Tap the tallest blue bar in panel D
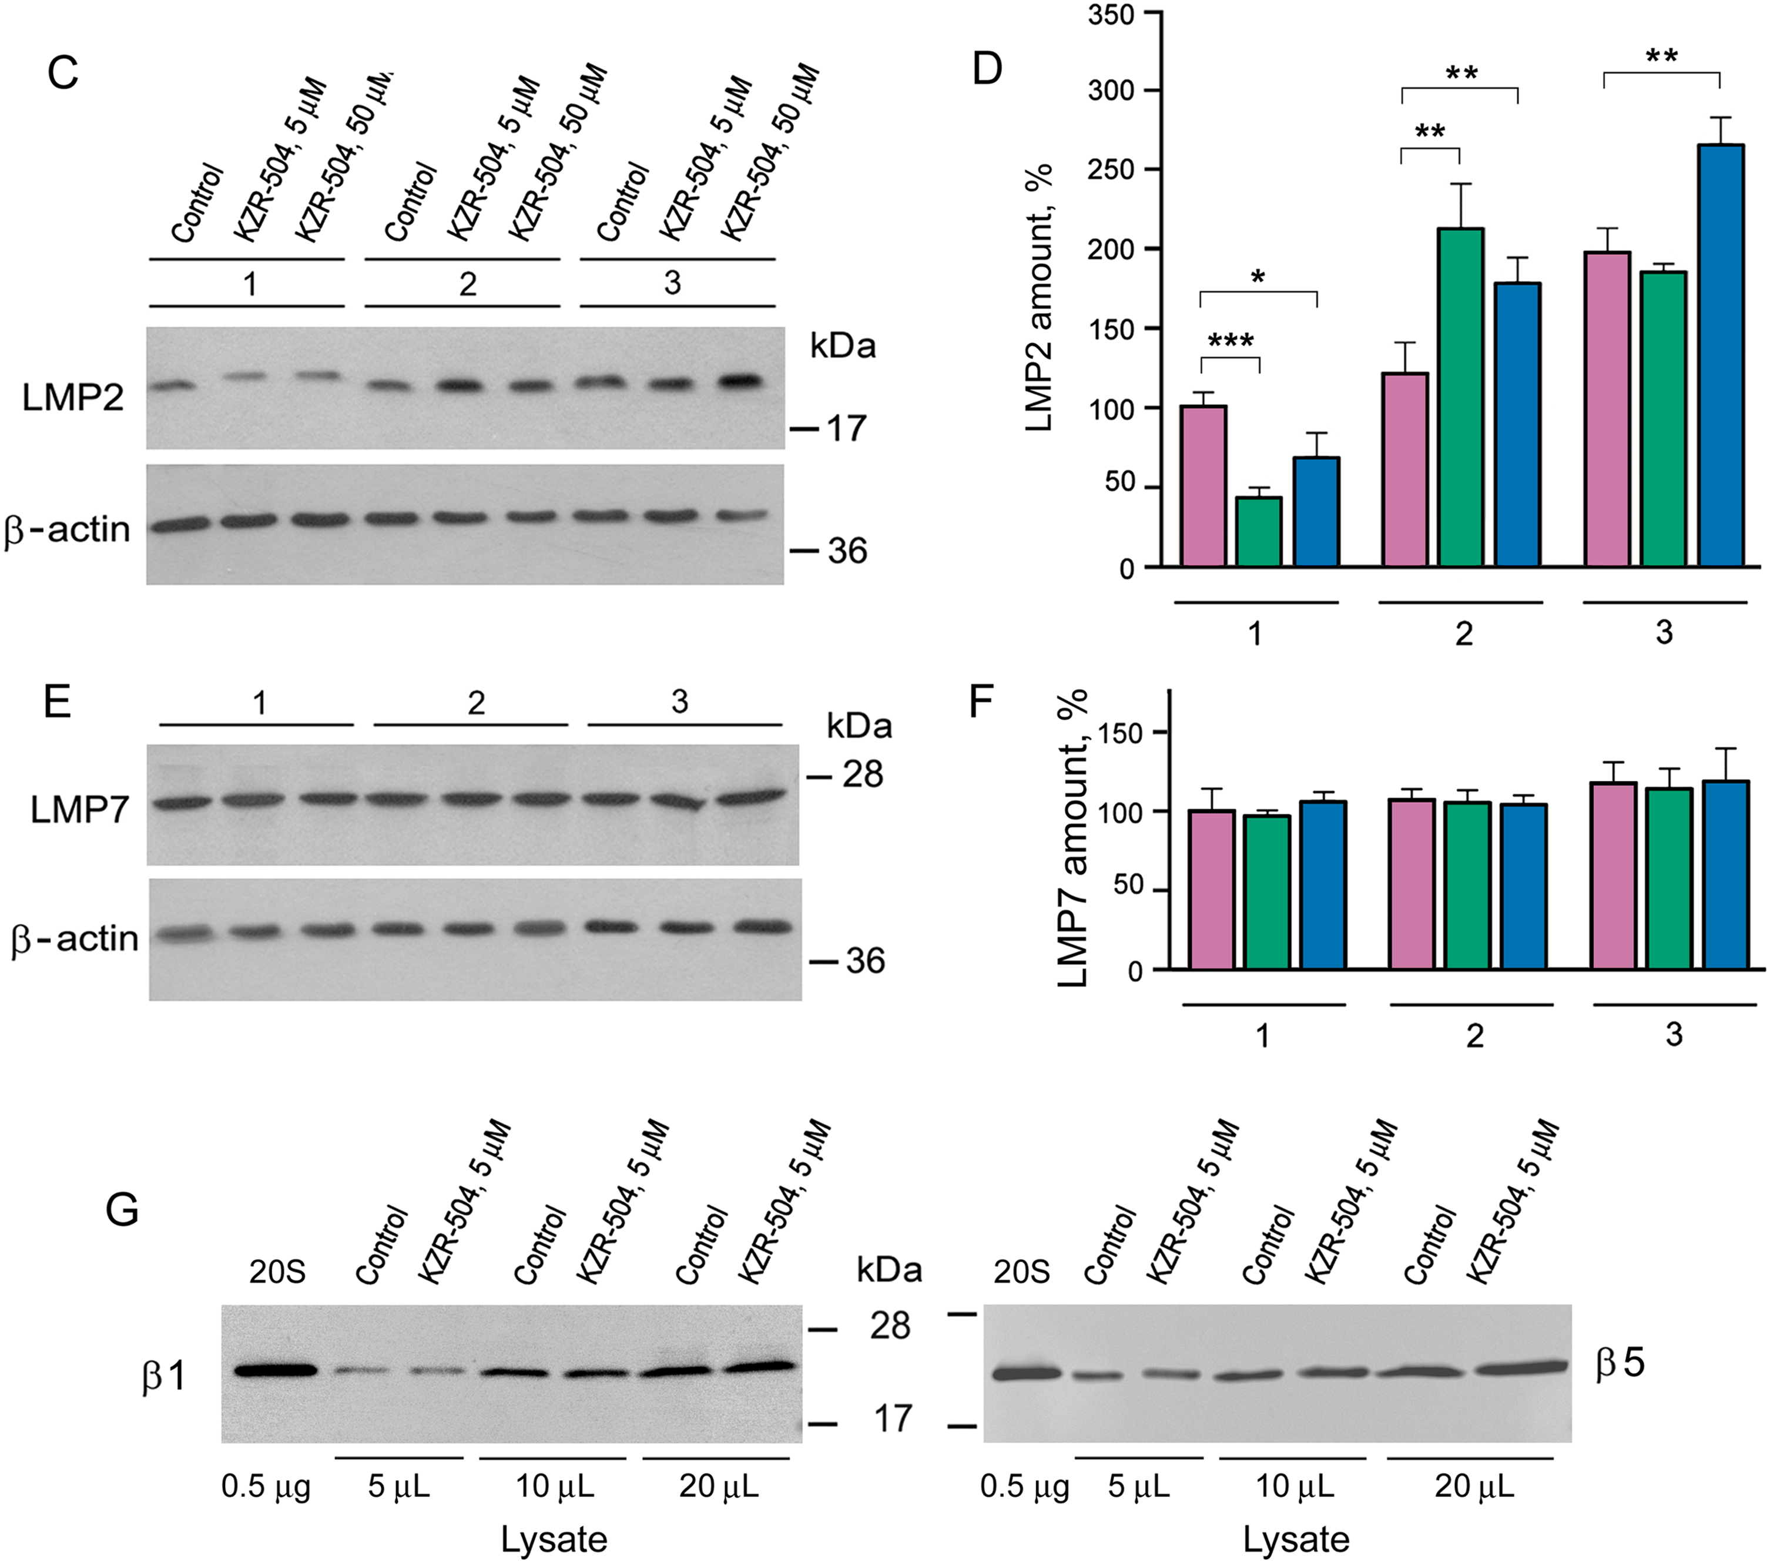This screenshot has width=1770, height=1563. [1721, 355]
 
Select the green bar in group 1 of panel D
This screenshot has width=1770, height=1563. [1258, 532]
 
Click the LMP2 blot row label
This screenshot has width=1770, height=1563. [73, 397]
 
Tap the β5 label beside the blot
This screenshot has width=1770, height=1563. [1620, 1363]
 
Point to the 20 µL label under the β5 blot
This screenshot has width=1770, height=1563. [1474, 1486]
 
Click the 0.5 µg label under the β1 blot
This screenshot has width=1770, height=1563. [266, 1486]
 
